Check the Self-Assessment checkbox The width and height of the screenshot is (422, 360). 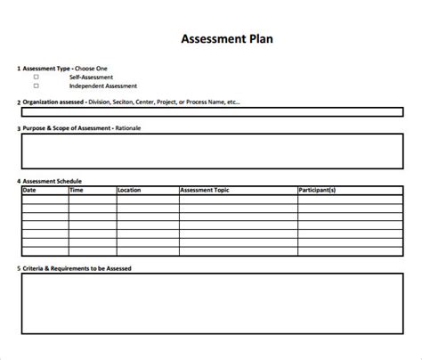(x=37, y=78)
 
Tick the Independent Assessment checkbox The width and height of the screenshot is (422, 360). (x=37, y=86)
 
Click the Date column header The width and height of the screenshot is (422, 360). (x=29, y=190)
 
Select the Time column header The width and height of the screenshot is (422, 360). (x=77, y=190)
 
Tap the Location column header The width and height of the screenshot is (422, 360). (x=129, y=190)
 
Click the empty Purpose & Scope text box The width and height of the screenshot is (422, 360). (x=211, y=152)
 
